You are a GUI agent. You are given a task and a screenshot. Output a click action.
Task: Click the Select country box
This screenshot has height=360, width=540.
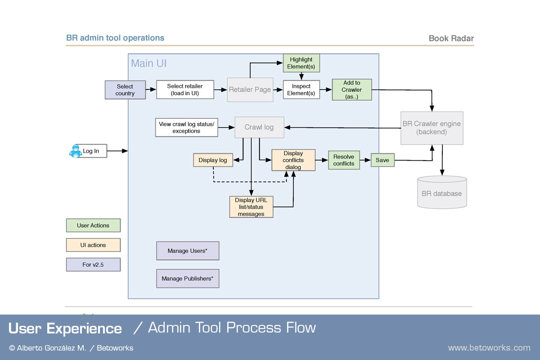125,90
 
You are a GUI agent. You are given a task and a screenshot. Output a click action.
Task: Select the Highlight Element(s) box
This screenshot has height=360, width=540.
301,63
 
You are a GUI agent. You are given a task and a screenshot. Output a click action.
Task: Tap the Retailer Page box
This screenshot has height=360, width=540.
250,90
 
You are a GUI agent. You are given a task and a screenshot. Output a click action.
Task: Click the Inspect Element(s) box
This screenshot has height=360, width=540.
301,90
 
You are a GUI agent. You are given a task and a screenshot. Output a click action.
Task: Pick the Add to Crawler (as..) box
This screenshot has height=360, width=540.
352,90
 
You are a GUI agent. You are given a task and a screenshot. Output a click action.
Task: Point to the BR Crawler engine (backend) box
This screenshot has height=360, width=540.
432,128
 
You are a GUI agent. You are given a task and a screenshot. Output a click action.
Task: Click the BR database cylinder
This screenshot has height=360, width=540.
442,192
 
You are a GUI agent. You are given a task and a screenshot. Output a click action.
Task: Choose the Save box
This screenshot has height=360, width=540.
382,160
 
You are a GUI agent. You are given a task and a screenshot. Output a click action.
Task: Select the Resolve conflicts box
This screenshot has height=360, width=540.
344,160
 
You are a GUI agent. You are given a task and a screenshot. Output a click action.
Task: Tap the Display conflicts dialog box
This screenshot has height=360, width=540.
293,160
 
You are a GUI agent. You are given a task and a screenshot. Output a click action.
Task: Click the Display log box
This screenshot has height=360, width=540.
213,160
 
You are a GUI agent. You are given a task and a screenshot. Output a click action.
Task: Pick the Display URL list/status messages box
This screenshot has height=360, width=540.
251,207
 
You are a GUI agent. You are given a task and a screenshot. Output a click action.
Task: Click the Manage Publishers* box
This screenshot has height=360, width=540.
188,279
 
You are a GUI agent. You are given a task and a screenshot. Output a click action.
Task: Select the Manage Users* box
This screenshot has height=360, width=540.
188,251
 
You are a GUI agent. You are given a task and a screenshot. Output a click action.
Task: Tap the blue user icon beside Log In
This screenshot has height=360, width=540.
76,151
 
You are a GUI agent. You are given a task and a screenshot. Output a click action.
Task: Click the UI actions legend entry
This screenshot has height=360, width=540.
93,245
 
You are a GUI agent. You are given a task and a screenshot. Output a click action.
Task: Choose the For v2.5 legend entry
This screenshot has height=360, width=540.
93,265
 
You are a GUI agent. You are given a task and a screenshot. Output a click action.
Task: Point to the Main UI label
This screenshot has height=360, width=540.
149,63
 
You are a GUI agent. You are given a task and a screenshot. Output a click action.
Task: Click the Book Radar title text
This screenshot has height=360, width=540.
451,38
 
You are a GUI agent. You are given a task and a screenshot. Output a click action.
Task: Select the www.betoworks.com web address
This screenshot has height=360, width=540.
489,348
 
